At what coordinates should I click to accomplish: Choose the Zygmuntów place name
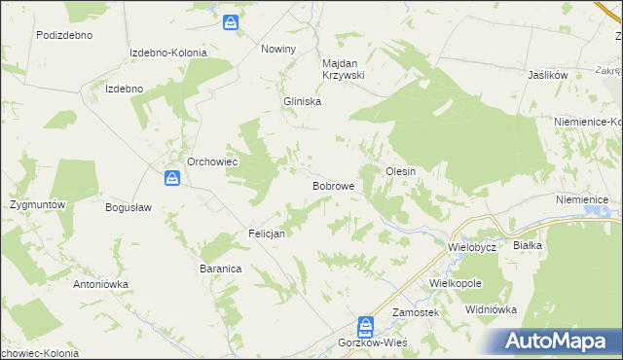pos(37,205)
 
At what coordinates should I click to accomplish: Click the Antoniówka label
pos(101,285)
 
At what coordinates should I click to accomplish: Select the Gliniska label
pos(302,101)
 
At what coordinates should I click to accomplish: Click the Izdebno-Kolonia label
pos(168,53)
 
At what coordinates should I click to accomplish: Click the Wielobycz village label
pos(472,247)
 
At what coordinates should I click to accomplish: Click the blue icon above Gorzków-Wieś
pos(365,325)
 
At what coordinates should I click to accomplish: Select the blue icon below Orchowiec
pos(171,178)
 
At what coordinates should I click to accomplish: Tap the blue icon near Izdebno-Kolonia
pos(230,21)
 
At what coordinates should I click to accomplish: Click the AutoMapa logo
pos(559,341)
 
